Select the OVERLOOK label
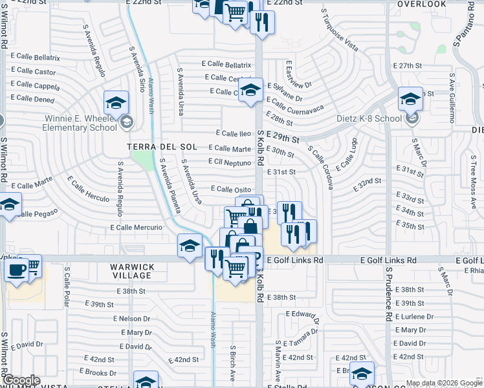(422, 4)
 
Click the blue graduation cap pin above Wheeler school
(116, 102)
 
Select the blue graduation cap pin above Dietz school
(410, 98)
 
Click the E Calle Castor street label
(33, 72)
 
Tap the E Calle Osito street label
(230, 189)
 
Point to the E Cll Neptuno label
(229, 162)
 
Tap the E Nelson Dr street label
(132, 319)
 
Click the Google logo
(21, 380)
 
